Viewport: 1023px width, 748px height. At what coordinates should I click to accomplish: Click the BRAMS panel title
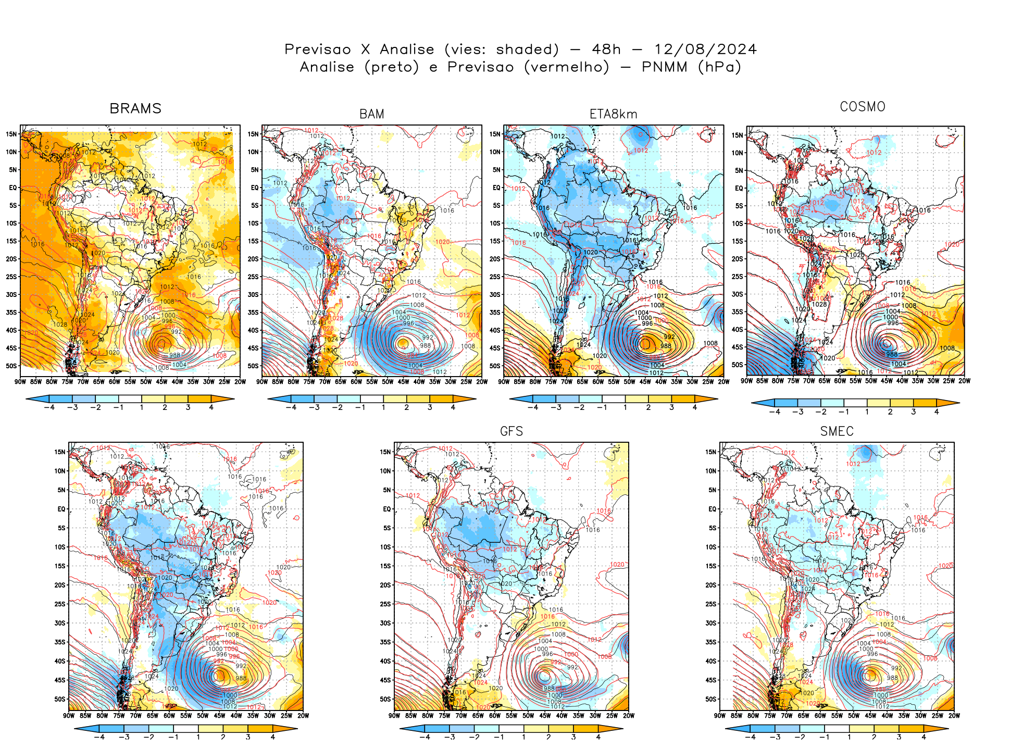(x=135, y=108)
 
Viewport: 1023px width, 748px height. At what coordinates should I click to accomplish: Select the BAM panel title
(x=372, y=114)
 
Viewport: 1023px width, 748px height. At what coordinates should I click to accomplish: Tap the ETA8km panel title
(x=613, y=114)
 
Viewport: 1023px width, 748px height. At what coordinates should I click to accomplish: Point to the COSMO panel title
(x=863, y=107)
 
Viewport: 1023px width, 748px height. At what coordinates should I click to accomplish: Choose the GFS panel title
(x=511, y=431)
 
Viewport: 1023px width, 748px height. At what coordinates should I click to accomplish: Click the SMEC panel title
(x=837, y=431)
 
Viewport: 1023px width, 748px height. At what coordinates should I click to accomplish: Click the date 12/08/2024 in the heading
(x=705, y=49)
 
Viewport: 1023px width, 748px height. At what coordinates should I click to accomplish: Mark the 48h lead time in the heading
(x=606, y=49)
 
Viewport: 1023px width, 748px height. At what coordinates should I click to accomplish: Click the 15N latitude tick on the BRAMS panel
(x=11, y=134)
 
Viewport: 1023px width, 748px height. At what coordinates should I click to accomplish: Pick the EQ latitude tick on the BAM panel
(x=255, y=188)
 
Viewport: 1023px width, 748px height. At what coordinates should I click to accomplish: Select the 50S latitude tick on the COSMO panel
(x=737, y=365)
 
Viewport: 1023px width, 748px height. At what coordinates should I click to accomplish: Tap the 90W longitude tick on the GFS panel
(x=394, y=716)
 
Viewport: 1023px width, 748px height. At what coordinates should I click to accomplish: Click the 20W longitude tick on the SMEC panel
(x=954, y=716)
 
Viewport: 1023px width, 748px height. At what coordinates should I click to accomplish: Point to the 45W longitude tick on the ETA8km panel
(x=645, y=382)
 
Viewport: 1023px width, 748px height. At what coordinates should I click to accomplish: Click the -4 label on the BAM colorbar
(x=291, y=407)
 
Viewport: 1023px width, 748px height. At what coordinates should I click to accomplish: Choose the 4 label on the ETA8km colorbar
(x=695, y=407)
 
